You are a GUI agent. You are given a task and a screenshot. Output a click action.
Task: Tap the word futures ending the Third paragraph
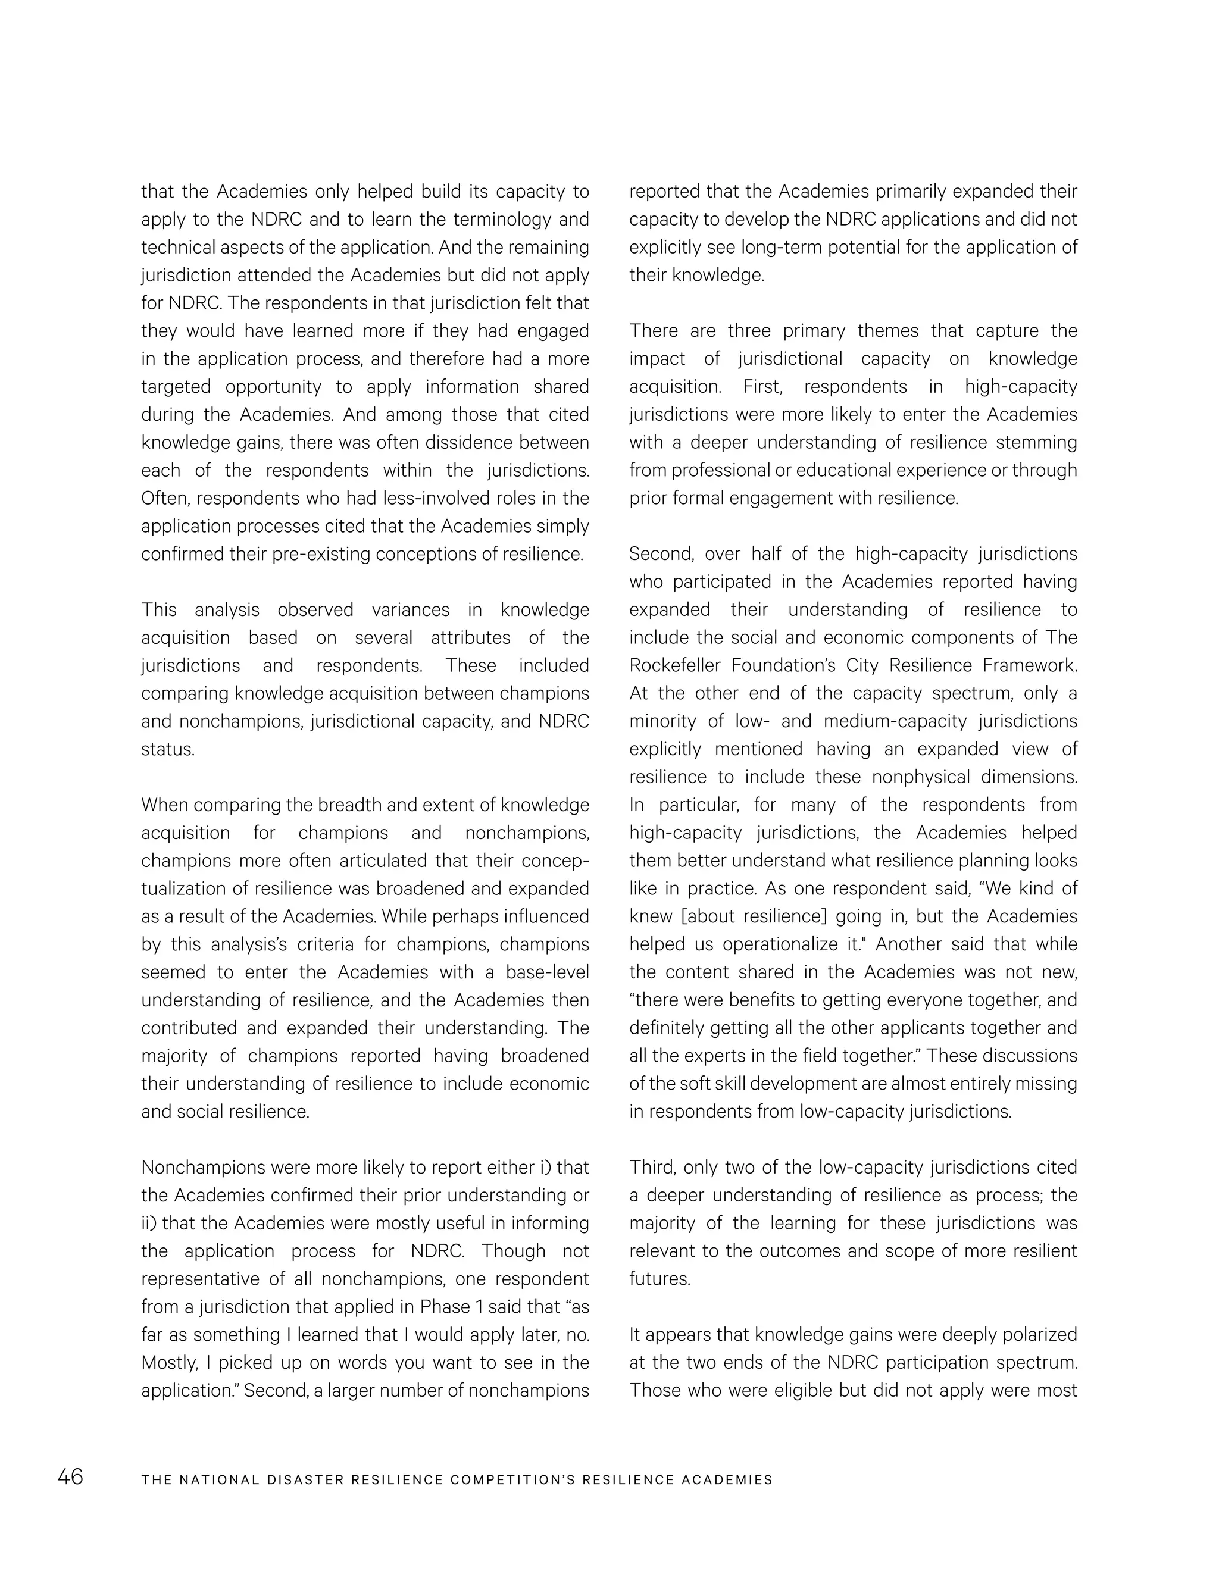click(x=659, y=1279)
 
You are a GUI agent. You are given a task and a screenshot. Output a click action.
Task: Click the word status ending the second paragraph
click(x=167, y=749)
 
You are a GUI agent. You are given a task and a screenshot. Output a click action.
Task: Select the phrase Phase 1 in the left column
click(x=453, y=1307)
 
